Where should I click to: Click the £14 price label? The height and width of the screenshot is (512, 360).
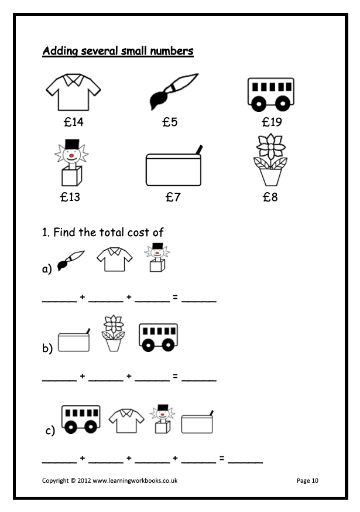(73, 122)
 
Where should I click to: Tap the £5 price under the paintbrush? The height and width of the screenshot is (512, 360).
(170, 122)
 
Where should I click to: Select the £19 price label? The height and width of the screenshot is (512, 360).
(272, 122)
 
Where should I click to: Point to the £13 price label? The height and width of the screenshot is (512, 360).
(70, 197)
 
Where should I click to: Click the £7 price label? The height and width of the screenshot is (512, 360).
(173, 197)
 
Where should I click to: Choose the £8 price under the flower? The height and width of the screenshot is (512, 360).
(270, 197)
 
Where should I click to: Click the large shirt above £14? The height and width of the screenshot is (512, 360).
(73, 92)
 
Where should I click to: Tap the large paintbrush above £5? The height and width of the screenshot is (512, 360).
(173, 91)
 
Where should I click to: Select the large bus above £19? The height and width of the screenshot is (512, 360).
(270, 94)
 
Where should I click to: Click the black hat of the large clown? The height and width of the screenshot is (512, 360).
(72, 144)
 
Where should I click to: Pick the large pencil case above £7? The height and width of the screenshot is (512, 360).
(174, 168)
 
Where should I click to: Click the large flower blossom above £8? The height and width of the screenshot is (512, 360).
(270, 146)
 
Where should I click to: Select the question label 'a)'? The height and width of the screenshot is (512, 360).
(47, 268)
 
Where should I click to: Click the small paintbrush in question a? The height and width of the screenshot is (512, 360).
(71, 261)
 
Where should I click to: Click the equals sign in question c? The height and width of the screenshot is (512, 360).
(222, 458)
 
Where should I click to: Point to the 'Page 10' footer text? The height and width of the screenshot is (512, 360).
(307, 480)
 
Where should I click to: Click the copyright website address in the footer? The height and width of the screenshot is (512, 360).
(135, 480)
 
